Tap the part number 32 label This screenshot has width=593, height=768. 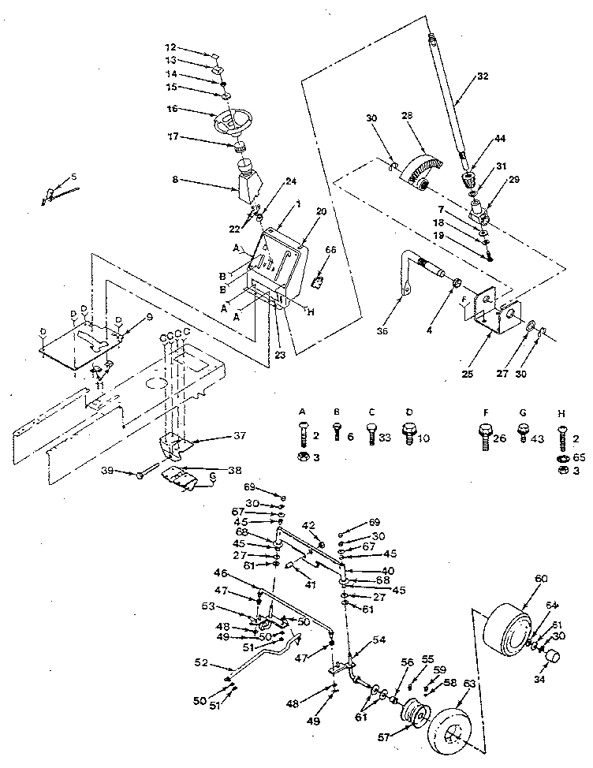(x=483, y=77)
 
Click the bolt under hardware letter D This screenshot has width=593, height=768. (x=411, y=432)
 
